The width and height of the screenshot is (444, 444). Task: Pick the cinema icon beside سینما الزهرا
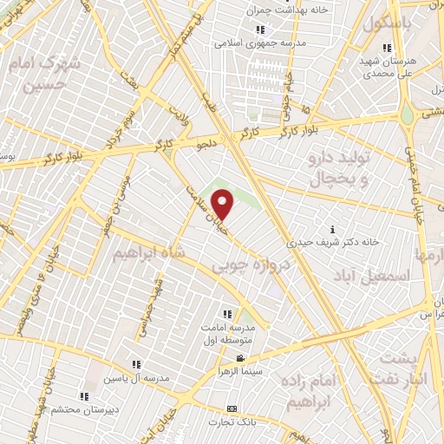tap(240, 359)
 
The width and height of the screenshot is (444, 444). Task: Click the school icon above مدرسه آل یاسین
tap(135, 365)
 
